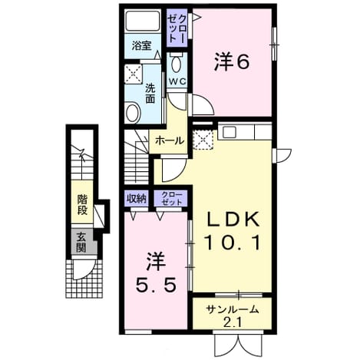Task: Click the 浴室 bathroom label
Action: [142, 46]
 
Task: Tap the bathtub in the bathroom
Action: [143, 21]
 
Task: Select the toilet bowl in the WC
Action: [177, 63]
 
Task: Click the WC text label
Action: [177, 81]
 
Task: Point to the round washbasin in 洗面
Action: [133, 112]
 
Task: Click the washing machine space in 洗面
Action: [133, 74]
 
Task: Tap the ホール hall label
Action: [170, 140]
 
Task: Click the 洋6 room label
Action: [232, 61]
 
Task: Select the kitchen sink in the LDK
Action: [230, 132]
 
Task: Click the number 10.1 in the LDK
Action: [233, 243]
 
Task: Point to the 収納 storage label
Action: [137, 198]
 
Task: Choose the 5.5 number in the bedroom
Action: [156, 286]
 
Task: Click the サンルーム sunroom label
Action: [232, 309]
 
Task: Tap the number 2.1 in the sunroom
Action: [233, 322]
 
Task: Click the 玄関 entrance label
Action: [81, 243]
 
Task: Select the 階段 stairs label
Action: [82, 205]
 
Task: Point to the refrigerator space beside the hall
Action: [203, 140]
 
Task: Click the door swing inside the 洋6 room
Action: [202, 104]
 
